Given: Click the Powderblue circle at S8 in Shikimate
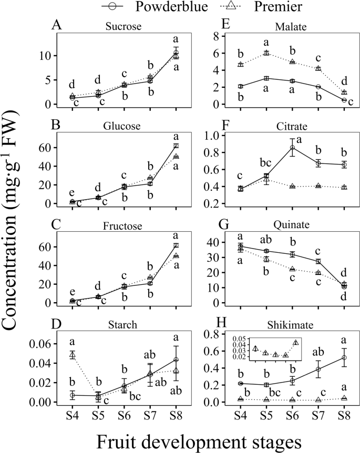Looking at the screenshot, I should [x=344, y=358].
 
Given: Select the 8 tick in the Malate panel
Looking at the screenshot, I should [x=229, y=36].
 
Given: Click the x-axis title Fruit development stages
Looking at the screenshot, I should [x=180, y=438].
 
